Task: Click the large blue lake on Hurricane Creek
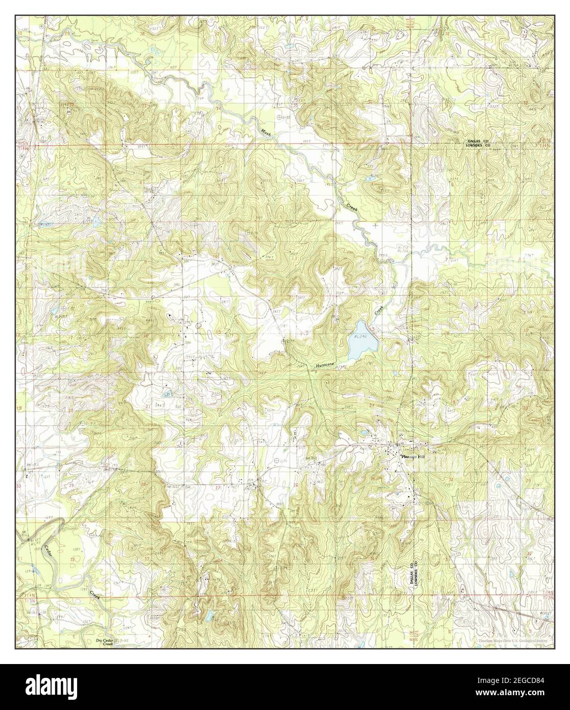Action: (x=364, y=341)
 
